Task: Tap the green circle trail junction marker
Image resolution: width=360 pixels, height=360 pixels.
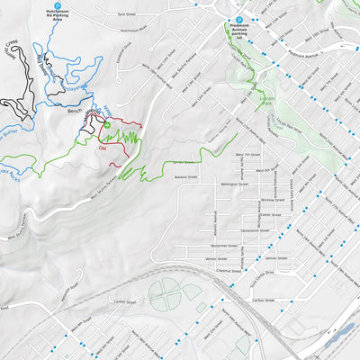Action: [107, 124]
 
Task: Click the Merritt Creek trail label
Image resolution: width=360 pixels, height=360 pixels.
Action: [12, 48]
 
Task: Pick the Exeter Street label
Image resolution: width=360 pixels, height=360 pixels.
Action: [270, 203]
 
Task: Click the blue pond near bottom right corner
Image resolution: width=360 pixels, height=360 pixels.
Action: [342, 334]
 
